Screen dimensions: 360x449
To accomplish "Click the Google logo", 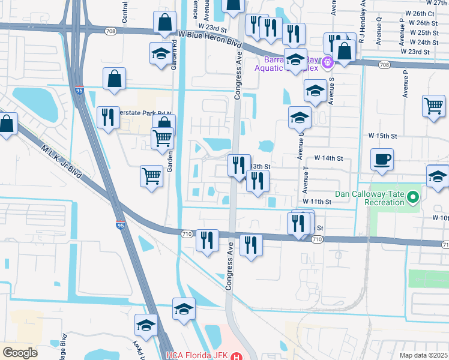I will tap(20, 352).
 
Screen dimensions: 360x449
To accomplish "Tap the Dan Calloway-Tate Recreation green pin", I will tap(412, 197).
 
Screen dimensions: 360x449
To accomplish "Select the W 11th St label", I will tap(317, 202).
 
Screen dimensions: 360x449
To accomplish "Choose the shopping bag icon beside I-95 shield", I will tap(114, 78).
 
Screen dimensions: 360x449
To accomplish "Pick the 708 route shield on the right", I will tap(384, 65).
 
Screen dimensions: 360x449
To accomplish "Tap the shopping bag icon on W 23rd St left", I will tap(165, 23).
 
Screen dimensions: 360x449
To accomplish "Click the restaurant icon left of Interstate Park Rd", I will tap(108, 116).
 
